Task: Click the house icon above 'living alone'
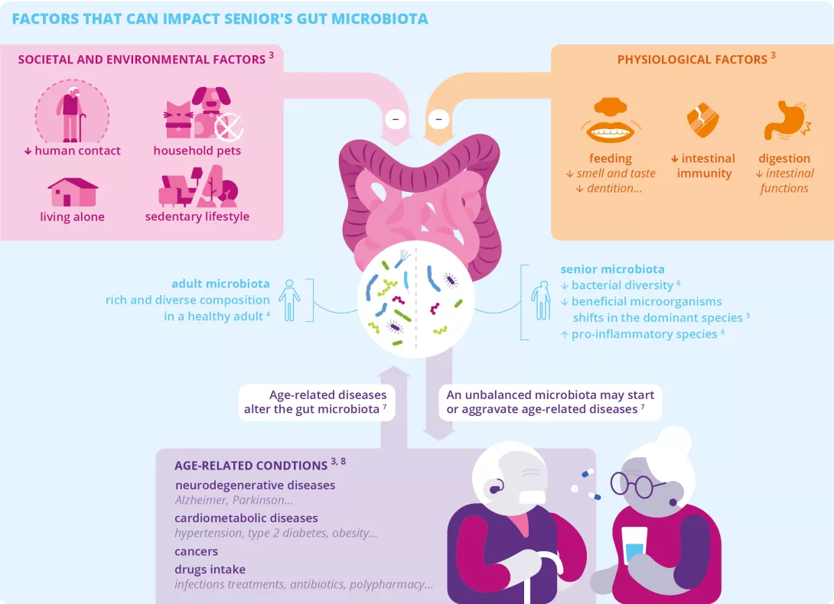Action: (x=73, y=192)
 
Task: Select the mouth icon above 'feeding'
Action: (x=610, y=122)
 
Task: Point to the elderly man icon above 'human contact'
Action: (x=72, y=113)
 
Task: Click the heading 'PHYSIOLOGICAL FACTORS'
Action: (x=692, y=59)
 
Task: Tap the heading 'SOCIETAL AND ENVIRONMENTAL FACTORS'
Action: (x=141, y=59)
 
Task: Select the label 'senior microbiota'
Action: (x=612, y=269)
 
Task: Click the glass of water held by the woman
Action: (x=634, y=544)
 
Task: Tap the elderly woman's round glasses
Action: (x=632, y=484)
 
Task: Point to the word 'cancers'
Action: (x=197, y=551)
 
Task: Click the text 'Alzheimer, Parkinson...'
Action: (x=233, y=500)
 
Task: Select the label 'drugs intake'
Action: (x=210, y=570)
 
